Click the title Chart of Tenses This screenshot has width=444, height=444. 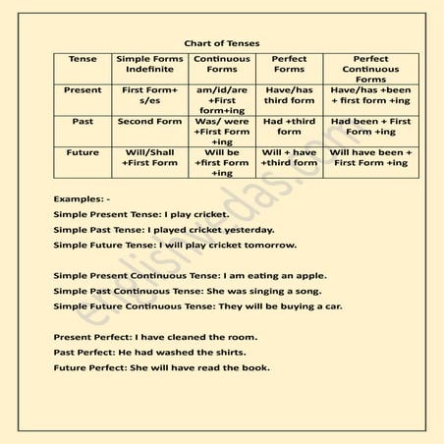(221, 43)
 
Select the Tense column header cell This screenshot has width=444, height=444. (83, 59)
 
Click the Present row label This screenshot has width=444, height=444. (83, 89)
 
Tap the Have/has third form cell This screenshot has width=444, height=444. (289, 94)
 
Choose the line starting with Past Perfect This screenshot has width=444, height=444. (149, 352)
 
